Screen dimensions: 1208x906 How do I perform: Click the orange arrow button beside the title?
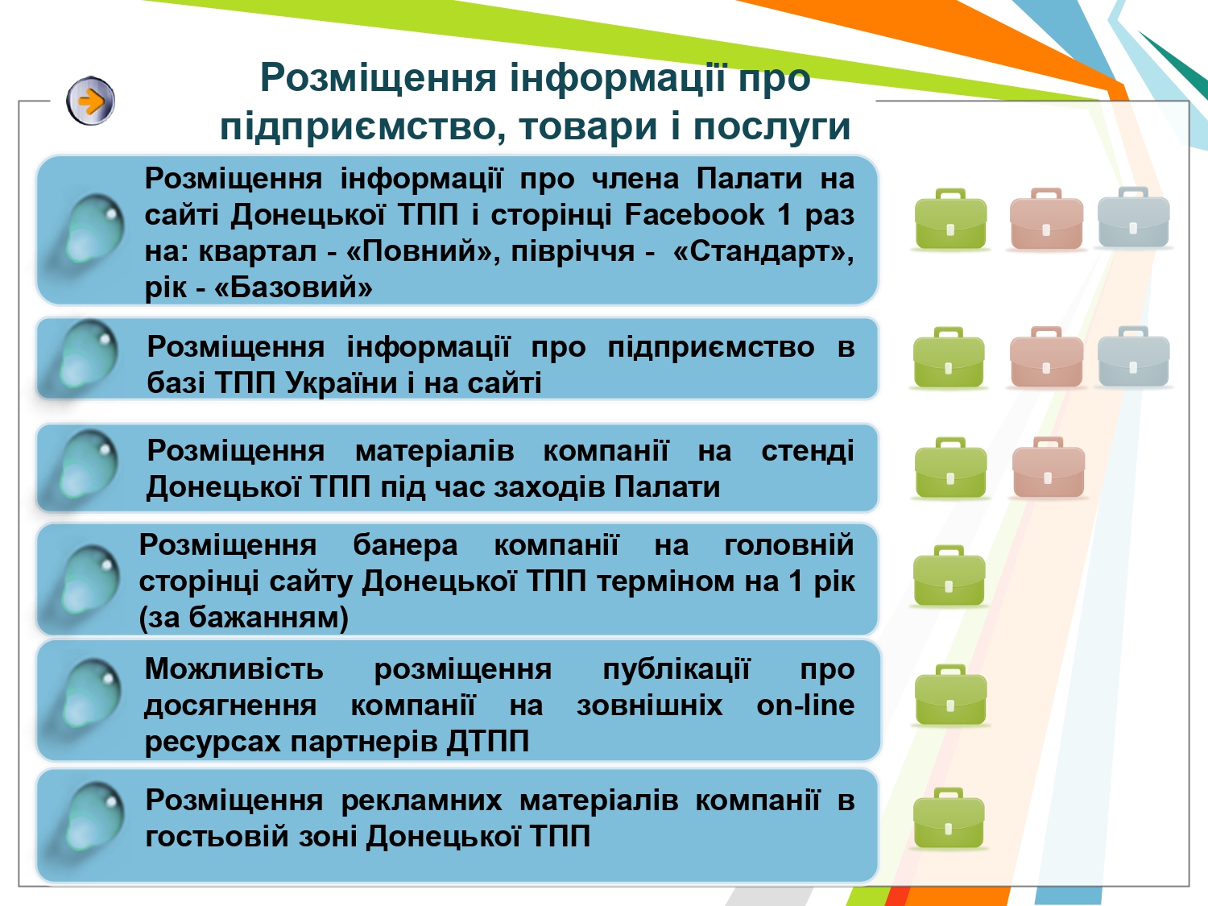click(91, 101)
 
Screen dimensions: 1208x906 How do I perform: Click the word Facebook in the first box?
click(694, 214)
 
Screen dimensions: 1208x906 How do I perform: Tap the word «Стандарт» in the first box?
click(763, 251)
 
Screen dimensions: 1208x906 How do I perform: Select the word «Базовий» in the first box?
click(293, 287)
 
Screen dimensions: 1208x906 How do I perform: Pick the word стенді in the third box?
click(808, 451)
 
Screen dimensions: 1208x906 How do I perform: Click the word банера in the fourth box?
click(405, 545)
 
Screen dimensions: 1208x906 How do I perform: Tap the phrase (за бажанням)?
click(244, 618)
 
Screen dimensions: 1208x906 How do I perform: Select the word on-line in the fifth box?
click(805, 705)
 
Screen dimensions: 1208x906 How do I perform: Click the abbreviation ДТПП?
click(487, 741)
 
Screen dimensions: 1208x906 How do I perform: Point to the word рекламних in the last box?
click(421, 801)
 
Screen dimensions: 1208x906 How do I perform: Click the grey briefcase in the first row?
click(1134, 218)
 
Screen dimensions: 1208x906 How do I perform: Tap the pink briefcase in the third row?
click(1049, 468)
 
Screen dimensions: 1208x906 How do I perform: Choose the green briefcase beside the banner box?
click(949, 576)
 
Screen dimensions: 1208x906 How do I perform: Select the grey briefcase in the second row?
click(1134, 358)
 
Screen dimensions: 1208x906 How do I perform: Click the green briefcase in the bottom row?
click(949, 818)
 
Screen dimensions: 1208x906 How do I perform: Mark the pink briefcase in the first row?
click(1046, 219)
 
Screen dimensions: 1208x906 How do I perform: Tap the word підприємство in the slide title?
click(358, 126)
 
